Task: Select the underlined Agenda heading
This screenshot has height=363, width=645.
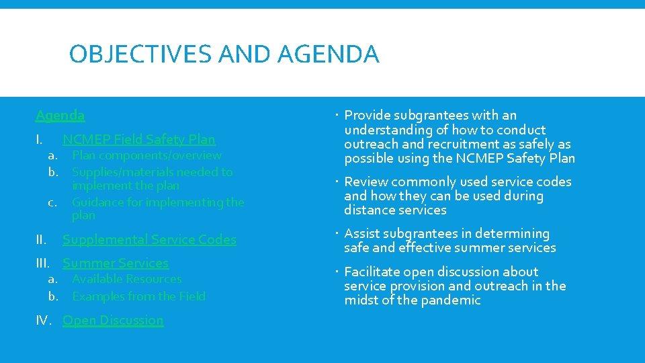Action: [60, 116]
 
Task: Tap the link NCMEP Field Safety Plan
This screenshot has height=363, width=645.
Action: [139, 140]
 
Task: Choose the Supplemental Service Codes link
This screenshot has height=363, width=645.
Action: [149, 239]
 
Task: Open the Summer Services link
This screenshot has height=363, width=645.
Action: [116, 263]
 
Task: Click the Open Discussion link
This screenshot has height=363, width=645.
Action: [113, 320]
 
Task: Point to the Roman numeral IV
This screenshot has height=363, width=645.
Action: [44, 321]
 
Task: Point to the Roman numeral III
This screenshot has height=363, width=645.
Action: [43, 264]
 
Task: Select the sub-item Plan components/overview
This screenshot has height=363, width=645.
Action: [146, 155]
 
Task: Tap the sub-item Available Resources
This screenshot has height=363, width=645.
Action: [127, 279]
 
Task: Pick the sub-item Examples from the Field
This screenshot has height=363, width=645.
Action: [138, 296]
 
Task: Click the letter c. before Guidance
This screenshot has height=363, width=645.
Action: [52, 202]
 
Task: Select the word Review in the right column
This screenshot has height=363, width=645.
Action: [365, 182]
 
